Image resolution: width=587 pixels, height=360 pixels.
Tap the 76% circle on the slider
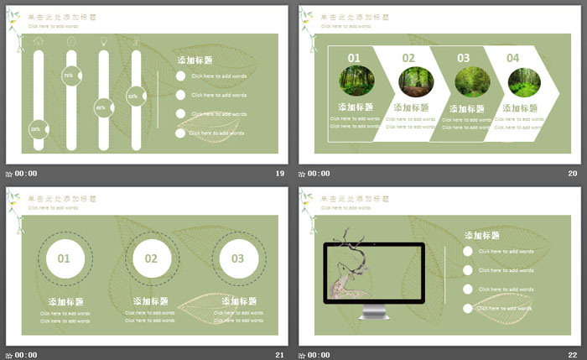pos(70,76)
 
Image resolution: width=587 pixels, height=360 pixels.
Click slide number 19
pos(280,174)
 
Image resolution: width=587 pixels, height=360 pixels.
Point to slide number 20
pos(573,174)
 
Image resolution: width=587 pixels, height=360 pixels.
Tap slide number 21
pos(280,355)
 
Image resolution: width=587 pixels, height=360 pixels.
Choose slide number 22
pos(573,355)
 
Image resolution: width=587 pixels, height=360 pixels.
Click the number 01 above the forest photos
pos(354,58)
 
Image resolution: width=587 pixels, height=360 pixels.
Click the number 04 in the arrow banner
pos(513,58)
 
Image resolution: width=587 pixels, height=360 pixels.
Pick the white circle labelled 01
pos(65,258)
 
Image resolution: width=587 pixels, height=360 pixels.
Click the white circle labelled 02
pos(151,258)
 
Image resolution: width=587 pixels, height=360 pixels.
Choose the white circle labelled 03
pos(238,258)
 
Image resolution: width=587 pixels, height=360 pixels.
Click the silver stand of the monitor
pos(375,311)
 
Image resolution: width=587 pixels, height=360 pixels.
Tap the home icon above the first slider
pos(38,40)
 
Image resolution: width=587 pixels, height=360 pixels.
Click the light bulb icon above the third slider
pos(103,40)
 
